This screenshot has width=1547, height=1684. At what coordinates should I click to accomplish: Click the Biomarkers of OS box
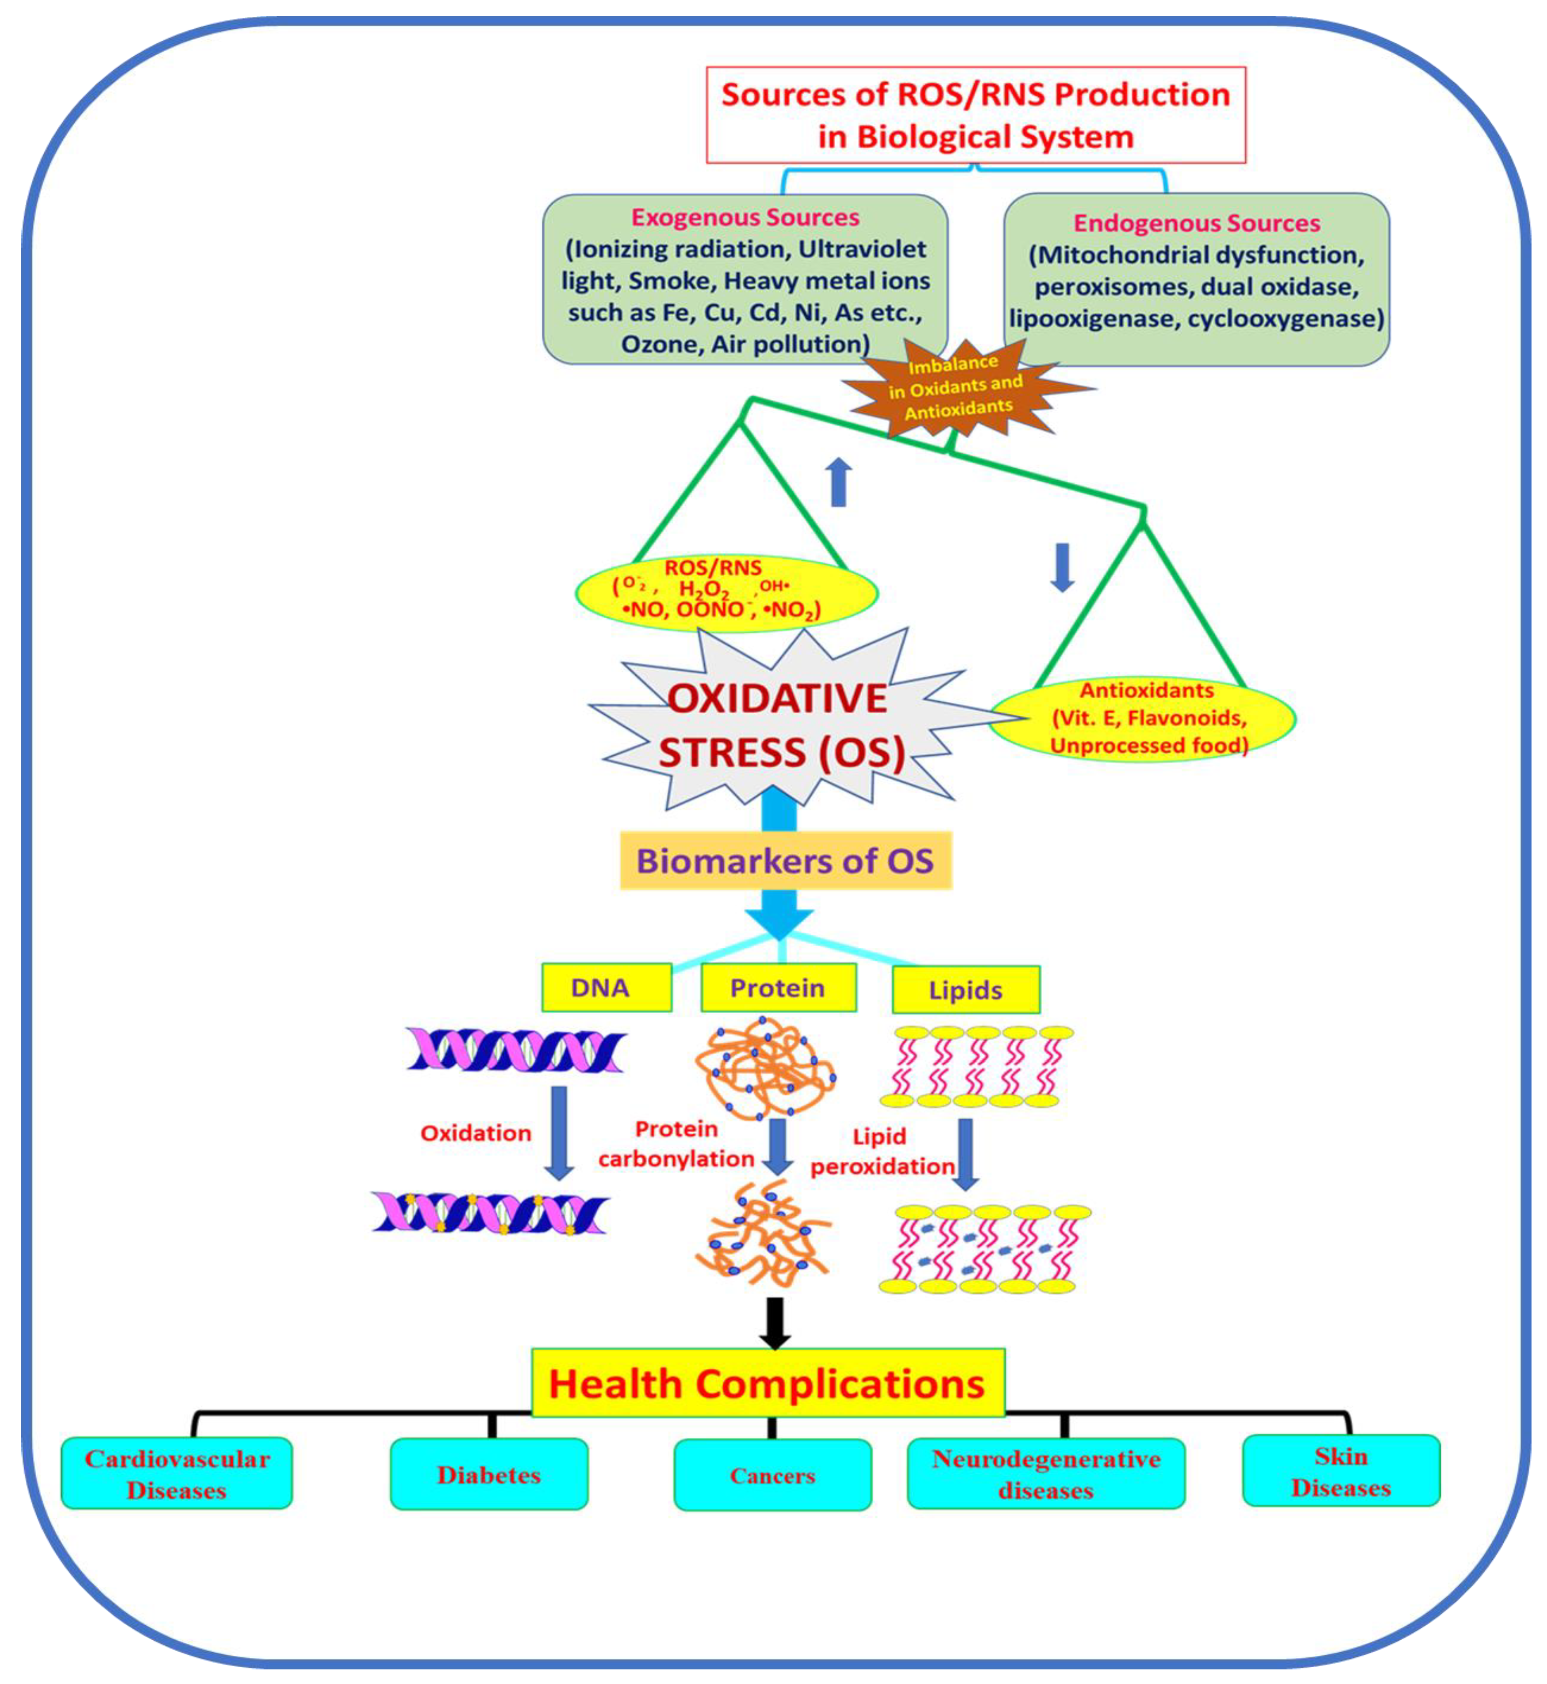(x=785, y=861)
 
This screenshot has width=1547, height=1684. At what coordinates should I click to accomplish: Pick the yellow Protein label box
(x=778, y=987)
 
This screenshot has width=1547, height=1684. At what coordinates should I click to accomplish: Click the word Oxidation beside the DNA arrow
(x=476, y=1133)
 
